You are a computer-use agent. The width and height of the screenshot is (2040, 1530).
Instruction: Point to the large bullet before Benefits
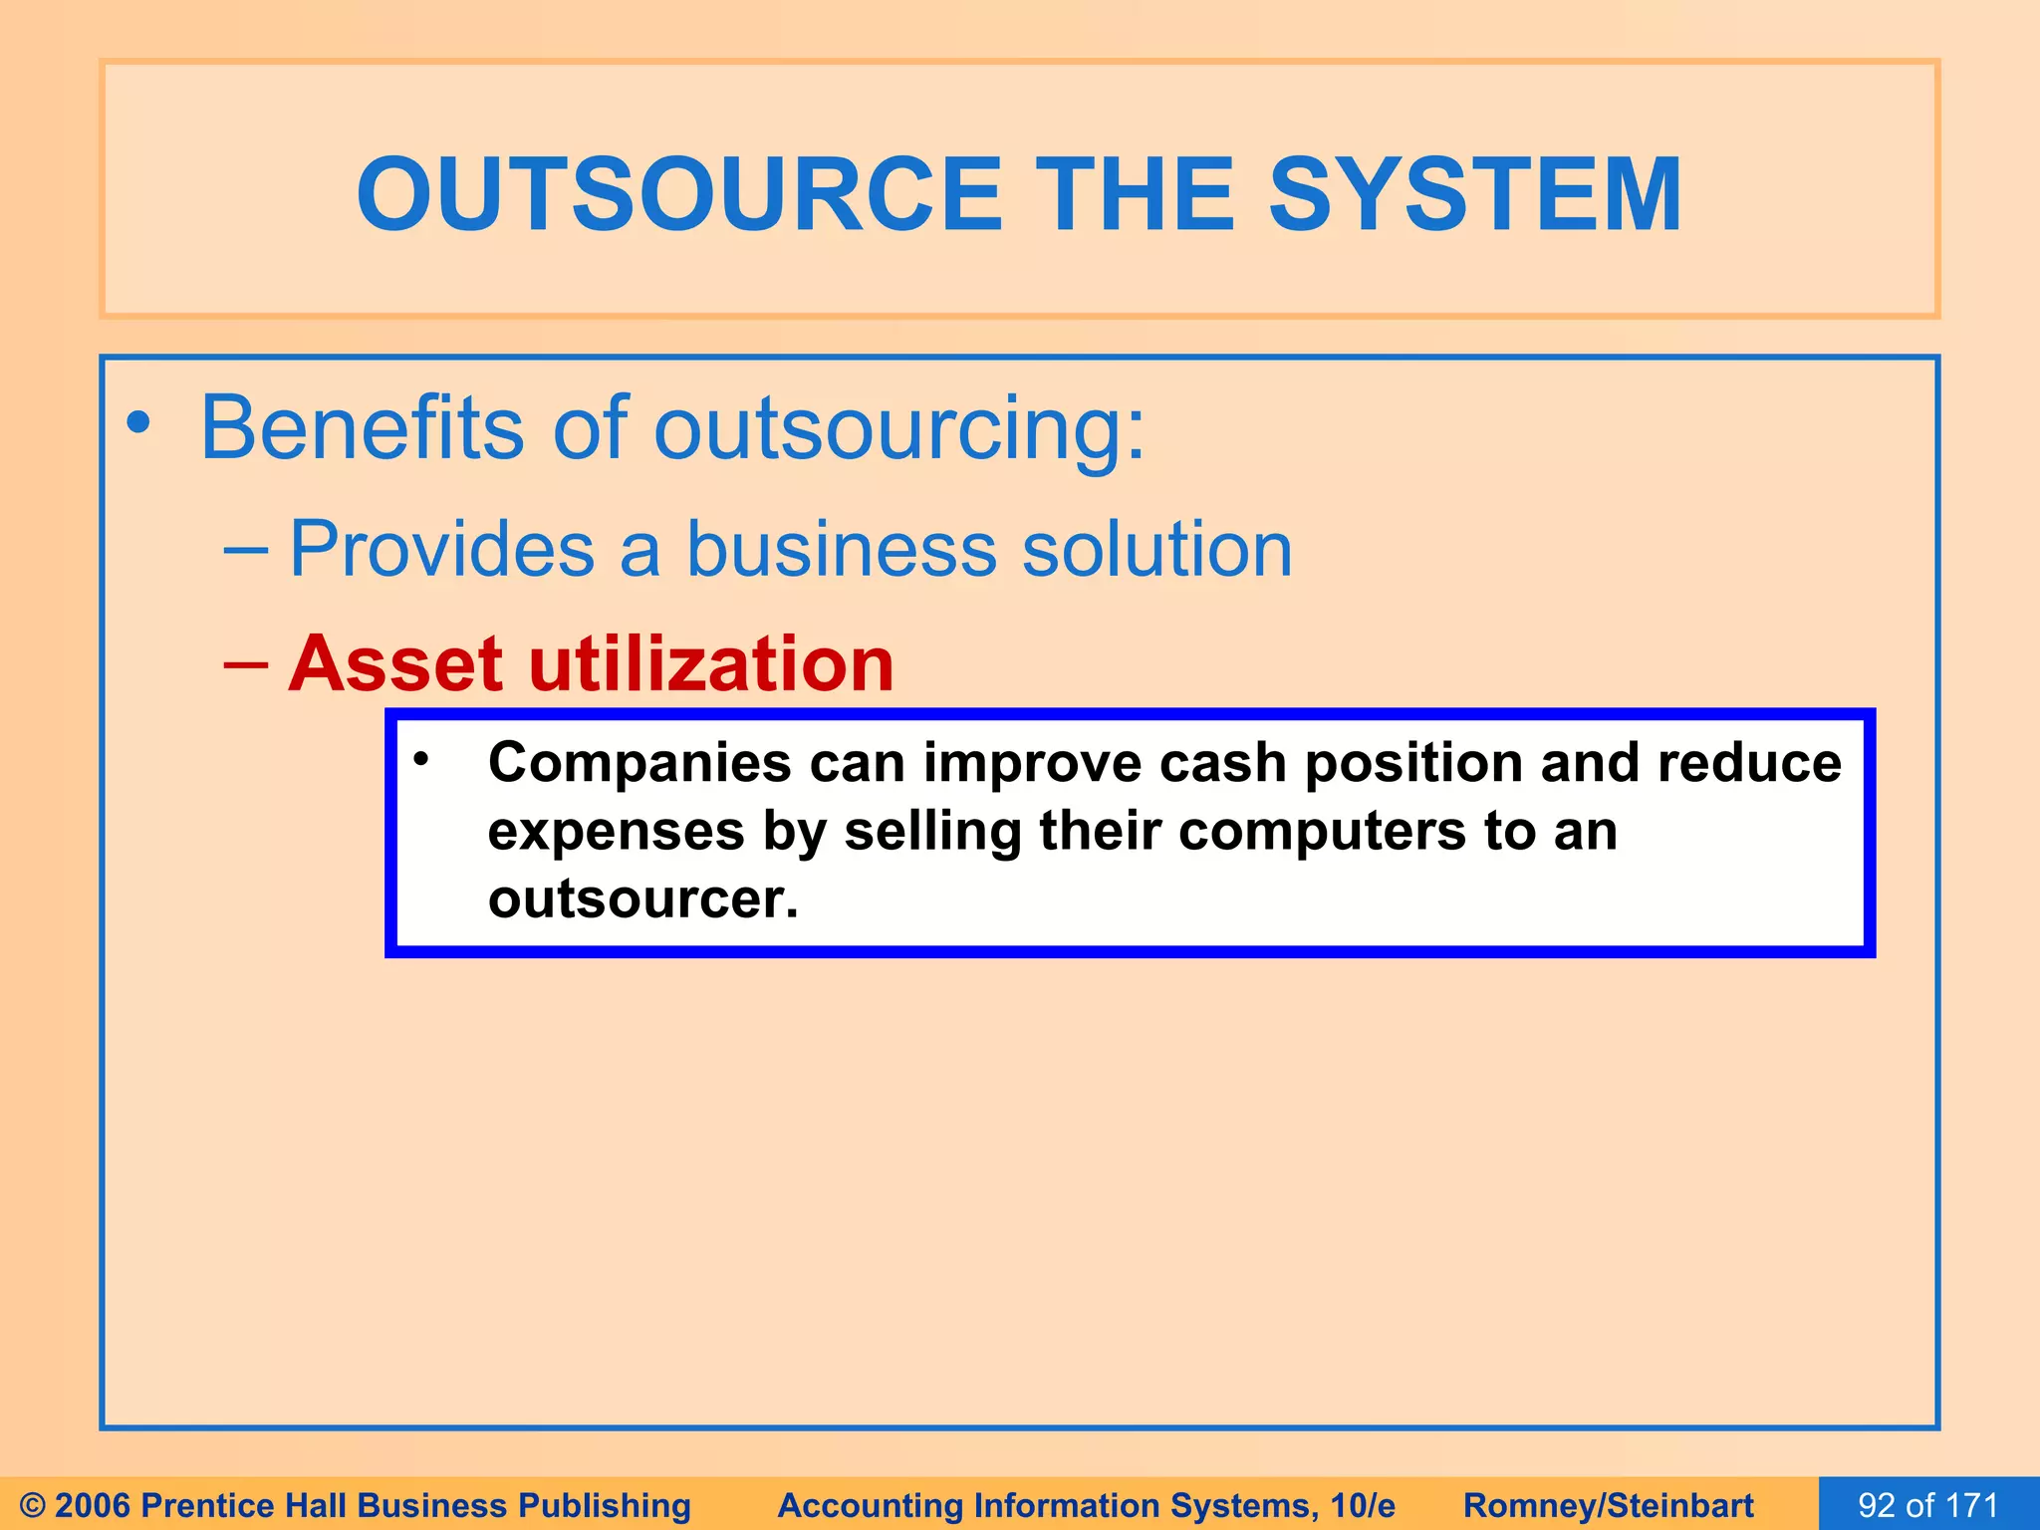pos(139,424)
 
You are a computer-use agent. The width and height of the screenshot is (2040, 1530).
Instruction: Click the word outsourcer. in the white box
pos(642,898)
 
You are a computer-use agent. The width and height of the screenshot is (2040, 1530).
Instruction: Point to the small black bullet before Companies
pos(421,760)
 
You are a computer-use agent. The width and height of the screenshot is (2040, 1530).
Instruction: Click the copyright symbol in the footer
pos(32,1505)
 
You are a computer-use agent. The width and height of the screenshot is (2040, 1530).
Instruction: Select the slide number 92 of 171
pos(1927,1505)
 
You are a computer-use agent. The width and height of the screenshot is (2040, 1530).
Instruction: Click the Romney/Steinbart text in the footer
pos(1608,1505)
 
